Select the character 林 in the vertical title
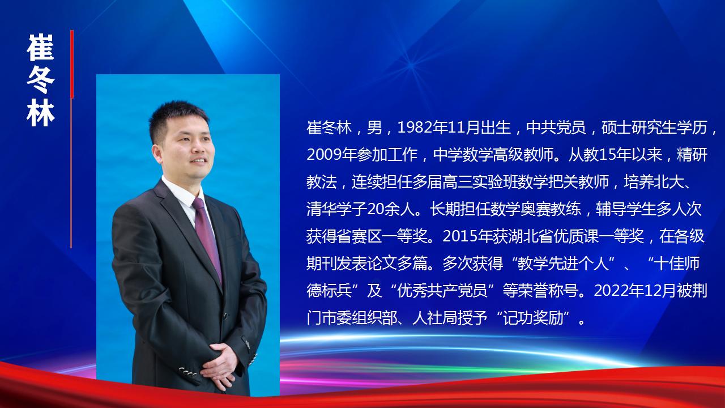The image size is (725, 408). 41,113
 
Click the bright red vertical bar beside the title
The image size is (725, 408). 72,64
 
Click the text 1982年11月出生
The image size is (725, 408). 454,127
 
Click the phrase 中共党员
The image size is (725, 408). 556,127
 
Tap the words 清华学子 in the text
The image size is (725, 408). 336,209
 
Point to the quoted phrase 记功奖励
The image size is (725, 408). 536,318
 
